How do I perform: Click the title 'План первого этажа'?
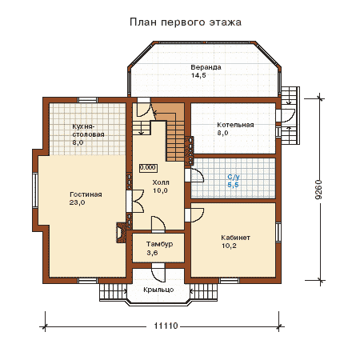pyautogui.click(x=186, y=22)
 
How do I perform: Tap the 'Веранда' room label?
pyautogui.click(x=206, y=67)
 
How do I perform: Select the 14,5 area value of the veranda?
pyautogui.click(x=198, y=75)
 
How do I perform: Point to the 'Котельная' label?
pyautogui.click(x=235, y=125)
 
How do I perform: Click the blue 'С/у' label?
pyautogui.click(x=234, y=177)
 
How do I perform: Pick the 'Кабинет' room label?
pyautogui.click(x=235, y=238)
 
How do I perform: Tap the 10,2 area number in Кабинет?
pyautogui.click(x=229, y=246)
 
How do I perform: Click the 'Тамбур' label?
pyautogui.click(x=159, y=244)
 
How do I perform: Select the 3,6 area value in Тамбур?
pyautogui.click(x=152, y=253)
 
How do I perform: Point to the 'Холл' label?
pyautogui.click(x=161, y=182)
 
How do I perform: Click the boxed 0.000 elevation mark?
pyautogui.click(x=148, y=167)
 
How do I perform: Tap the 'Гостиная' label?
pyautogui.click(x=86, y=194)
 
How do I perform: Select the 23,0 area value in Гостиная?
pyautogui.click(x=77, y=202)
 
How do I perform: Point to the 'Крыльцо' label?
pyautogui.click(x=158, y=290)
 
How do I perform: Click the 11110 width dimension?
pyautogui.click(x=166, y=326)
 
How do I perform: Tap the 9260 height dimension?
pyautogui.click(x=318, y=190)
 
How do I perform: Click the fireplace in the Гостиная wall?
pyautogui.click(x=121, y=233)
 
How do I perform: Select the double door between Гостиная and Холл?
pyautogui.click(x=137, y=202)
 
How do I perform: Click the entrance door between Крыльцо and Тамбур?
pyautogui.click(x=158, y=273)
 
